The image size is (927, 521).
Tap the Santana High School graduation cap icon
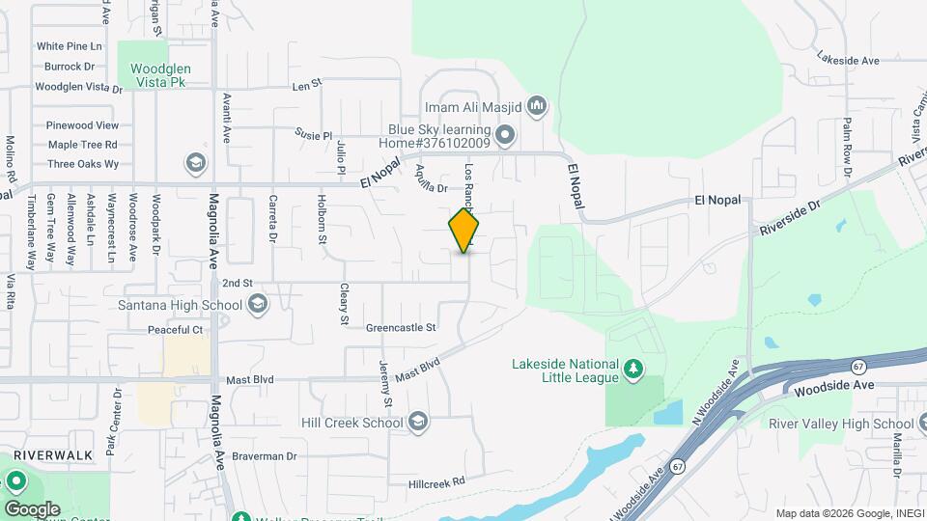(x=257, y=306)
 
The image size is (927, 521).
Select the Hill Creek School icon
(x=417, y=423)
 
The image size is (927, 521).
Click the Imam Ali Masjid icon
(x=538, y=105)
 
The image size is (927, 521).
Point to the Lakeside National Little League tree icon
(x=632, y=368)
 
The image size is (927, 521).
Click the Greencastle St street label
(x=401, y=328)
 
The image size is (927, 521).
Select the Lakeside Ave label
(x=847, y=60)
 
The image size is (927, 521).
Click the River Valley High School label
(x=841, y=424)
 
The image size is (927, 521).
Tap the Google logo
(x=31, y=508)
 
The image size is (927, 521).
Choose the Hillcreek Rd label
(x=436, y=481)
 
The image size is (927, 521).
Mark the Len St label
(x=306, y=85)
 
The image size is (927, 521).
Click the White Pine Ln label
(x=70, y=46)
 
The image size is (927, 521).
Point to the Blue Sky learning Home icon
(x=506, y=133)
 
